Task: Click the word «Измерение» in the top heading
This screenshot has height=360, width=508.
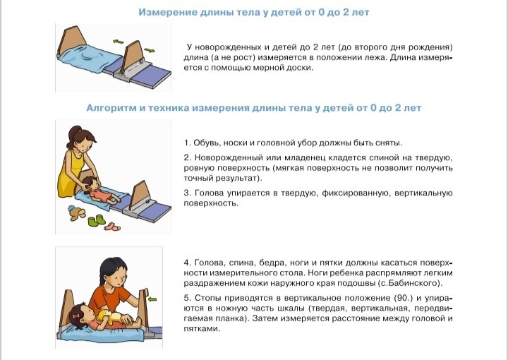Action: [x=166, y=13]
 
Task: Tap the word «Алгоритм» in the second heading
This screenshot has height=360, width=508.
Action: [x=113, y=108]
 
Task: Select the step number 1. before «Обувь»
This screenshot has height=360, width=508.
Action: [x=186, y=141]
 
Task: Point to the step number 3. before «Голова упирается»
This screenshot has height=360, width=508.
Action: [x=186, y=193]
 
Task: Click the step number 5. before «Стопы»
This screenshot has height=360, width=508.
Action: [x=186, y=297]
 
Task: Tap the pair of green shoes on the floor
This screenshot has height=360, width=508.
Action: [x=95, y=221]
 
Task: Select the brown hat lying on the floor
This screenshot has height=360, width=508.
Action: [x=73, y=212]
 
